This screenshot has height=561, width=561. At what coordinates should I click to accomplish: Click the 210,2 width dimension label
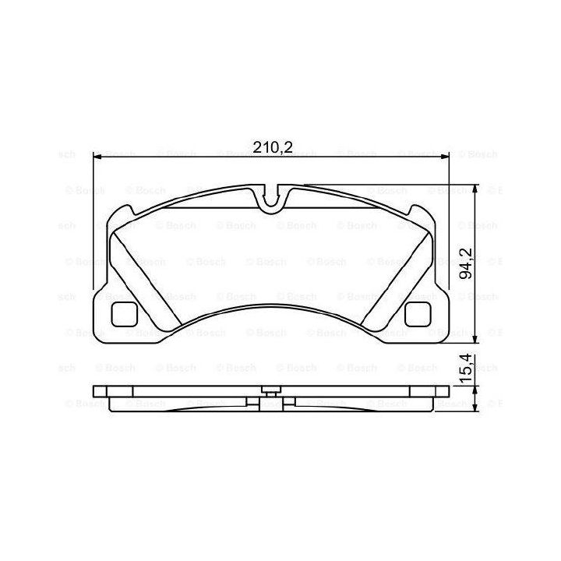coord(273,147)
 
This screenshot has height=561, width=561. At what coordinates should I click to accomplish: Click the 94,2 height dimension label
coord(466,263)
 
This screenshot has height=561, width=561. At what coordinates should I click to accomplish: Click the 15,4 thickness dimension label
coord(466,369)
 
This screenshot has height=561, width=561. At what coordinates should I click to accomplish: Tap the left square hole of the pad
coord(124,314)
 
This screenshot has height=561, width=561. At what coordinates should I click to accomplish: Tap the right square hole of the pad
coord(417,314)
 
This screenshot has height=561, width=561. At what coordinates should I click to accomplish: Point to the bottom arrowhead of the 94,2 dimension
coord(475,337)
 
